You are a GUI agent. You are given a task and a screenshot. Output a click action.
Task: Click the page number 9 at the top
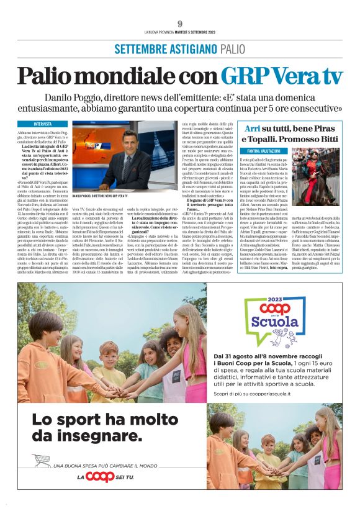[179, 24]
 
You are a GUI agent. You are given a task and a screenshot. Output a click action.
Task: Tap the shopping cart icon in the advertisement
[42, 459]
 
